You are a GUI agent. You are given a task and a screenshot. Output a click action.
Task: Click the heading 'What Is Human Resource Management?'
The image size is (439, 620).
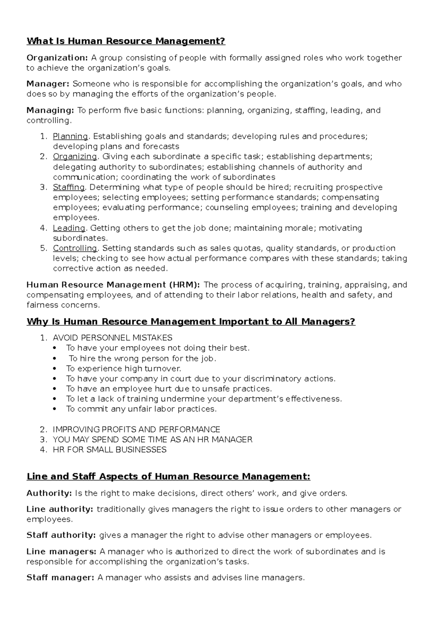[x=126, y=41]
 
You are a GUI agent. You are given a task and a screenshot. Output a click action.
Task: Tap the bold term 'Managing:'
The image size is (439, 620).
[x=50, y=110]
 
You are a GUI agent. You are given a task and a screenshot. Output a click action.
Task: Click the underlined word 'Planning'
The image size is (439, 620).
[x=70, y=136]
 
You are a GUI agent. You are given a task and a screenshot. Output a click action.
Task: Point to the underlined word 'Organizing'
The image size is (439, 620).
[x=75, y=156]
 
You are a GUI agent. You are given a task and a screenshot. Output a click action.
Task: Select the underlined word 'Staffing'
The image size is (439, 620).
[x=69, y=187]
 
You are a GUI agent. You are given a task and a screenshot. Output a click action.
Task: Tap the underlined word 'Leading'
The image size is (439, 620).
[x=69, y=228]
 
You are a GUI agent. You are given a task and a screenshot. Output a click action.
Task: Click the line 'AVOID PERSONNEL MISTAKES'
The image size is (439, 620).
[x=113, y=338]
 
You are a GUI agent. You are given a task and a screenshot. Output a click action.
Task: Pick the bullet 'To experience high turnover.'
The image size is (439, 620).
[x=124, y=368]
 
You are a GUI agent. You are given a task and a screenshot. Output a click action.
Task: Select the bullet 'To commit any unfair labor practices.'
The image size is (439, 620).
[x=141, y=409]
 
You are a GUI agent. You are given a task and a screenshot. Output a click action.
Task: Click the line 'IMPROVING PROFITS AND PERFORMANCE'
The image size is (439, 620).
[x=136, y=429]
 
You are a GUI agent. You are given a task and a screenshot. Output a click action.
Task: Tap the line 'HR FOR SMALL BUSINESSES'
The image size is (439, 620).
[x=110, y=450]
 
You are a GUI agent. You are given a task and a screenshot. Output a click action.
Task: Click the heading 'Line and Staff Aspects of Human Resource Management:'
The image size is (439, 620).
[x=168, y=477]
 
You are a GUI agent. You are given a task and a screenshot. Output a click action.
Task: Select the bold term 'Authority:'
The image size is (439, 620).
[x=49, y=493]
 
